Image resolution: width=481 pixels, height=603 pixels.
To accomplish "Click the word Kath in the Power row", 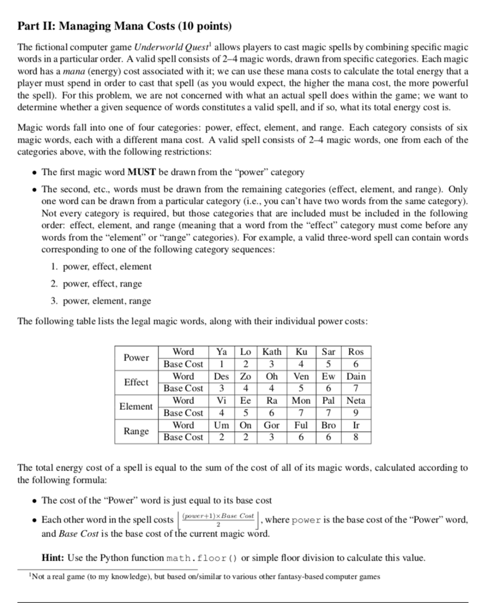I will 272,352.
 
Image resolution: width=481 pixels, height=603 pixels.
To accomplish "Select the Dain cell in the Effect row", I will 356,376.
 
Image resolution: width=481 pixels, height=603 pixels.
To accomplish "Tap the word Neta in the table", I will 356,400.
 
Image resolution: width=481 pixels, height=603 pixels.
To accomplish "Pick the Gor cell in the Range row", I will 272,425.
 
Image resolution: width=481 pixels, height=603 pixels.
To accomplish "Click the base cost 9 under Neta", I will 356,413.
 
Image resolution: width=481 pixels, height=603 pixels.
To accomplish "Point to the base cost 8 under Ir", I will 356,437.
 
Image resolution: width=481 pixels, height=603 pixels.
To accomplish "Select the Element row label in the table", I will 136,406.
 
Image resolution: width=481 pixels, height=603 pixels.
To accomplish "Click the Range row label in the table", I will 136,431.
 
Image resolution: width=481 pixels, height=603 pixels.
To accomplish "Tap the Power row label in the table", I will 136,357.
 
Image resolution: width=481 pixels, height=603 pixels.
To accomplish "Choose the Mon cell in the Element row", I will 301,400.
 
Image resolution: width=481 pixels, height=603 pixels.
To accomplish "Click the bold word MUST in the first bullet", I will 140,173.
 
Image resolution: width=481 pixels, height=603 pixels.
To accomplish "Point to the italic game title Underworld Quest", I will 166,47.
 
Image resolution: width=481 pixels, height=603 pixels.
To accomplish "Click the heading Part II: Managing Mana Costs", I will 124,26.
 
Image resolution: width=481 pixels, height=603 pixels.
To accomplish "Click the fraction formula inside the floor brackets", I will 218,519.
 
